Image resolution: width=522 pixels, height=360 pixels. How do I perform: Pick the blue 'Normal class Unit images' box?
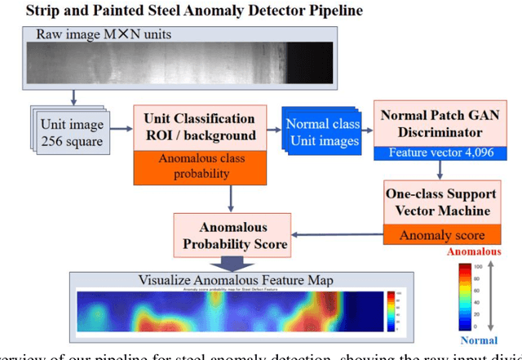point(321,133)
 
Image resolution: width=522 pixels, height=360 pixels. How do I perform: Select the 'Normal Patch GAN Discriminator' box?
point(438,122)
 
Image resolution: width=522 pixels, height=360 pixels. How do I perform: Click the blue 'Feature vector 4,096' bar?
point(438,152)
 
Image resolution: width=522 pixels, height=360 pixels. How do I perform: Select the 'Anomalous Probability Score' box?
point(234,234)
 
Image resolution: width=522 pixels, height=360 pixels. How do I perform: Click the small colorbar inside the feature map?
point(391,306)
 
